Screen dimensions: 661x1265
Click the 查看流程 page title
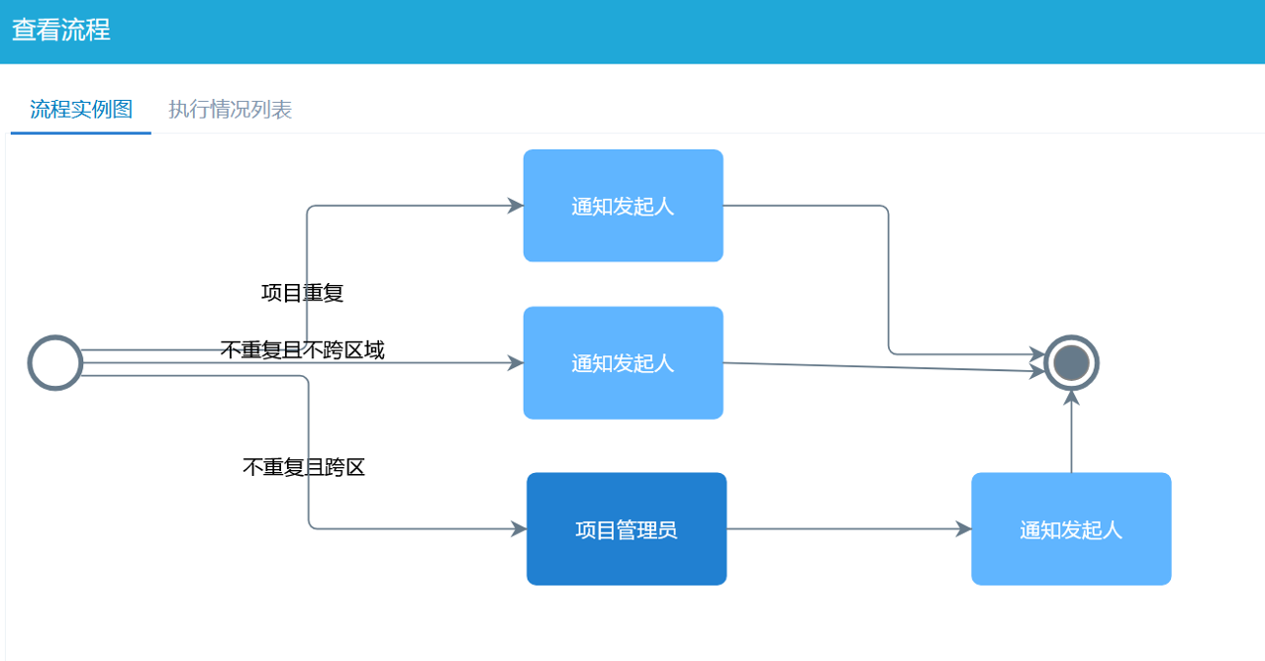click(60, 31)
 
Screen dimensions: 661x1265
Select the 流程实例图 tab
click(81, 109)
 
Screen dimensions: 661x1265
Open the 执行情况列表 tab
click(230, 109)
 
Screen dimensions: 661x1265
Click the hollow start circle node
click(55, 363)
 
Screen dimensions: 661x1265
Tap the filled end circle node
click(1071, 363)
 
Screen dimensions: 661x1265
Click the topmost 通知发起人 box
click(623, 206)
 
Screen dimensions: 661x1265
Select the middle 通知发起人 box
click(623, 363)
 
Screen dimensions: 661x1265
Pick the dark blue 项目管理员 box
click(626, 529)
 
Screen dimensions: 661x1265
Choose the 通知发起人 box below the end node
click(1071, 529)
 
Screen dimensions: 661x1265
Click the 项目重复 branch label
click(302, 293)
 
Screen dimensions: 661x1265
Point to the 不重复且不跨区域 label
click(302, 349)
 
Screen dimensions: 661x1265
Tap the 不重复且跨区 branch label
click(304, 467)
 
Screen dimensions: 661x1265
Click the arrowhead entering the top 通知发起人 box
click(516, 206)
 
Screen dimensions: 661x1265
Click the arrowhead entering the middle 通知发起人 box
click(516, 363)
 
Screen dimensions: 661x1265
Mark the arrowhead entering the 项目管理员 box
click(519, 529)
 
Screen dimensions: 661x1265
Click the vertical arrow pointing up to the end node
click(1071, 435)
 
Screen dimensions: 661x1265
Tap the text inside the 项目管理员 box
click(626, 529)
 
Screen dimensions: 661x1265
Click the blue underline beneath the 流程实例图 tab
click(81, 133)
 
